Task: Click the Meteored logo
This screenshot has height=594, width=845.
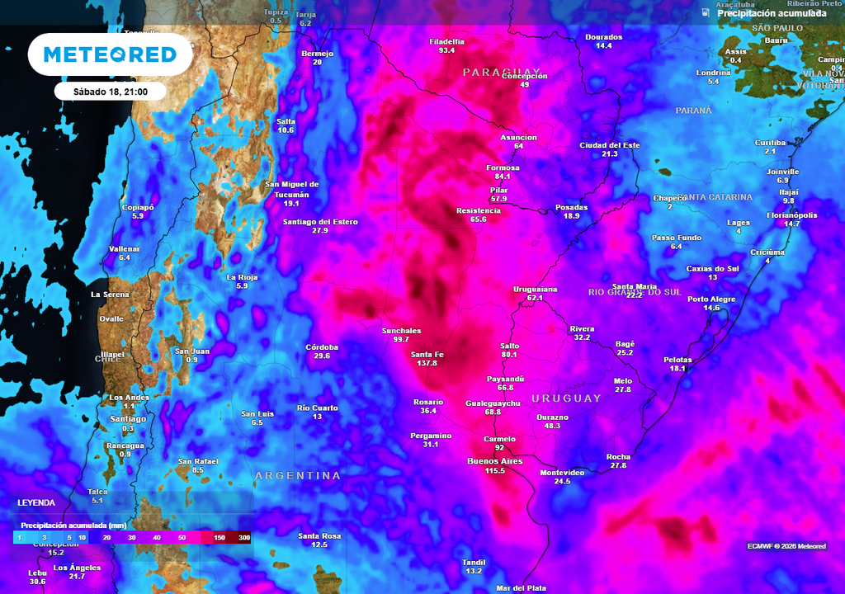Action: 110,54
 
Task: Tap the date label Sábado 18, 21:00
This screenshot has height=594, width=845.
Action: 111,92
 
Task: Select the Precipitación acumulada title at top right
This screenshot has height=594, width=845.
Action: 772,13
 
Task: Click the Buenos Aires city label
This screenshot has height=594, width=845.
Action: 495,461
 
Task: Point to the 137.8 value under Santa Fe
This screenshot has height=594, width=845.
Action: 427,364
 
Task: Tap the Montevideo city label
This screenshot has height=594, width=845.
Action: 562,472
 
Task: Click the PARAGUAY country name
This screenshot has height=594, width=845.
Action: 502,73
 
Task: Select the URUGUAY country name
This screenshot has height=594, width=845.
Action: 566,398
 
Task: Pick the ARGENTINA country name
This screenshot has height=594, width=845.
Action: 297,476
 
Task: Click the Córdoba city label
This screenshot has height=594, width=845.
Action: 322,346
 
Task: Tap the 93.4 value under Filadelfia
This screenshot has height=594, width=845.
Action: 447,50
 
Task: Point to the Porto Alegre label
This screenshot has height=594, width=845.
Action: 711,299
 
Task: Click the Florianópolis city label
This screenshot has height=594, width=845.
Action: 792,214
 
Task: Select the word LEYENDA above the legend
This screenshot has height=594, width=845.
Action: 36,502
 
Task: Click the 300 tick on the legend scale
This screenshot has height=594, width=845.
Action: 244,537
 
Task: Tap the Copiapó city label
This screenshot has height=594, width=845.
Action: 138,206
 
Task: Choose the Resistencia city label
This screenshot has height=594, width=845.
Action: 479,210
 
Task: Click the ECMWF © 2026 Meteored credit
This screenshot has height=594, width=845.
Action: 786,546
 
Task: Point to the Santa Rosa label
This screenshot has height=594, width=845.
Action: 319,535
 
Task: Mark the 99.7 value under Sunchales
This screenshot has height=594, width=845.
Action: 402,339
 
